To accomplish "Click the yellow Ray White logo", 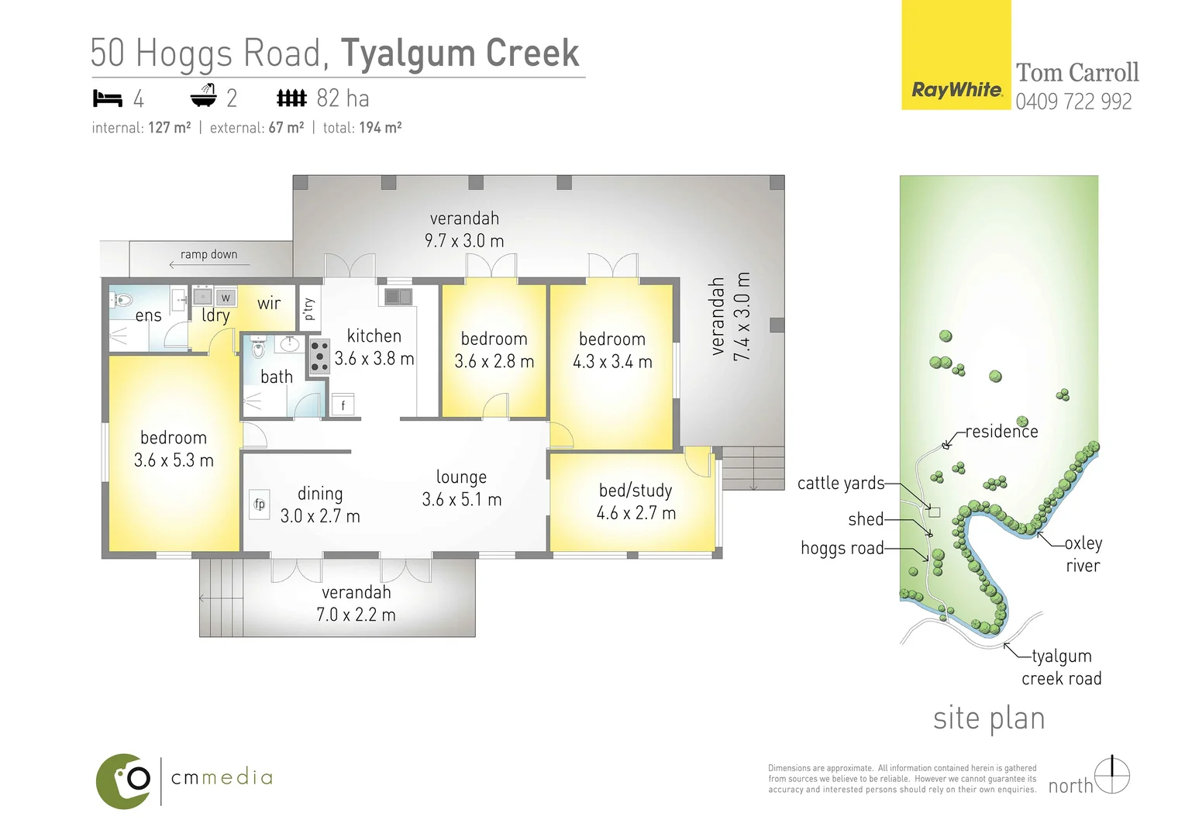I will click(956, 56).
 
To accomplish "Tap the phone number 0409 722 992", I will click(1073, 102).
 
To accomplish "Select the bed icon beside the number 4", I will click(108, 98).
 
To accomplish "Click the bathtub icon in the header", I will click(203, 96).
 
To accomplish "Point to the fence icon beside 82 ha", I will click(291, 98).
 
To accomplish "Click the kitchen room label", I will click(374, 336).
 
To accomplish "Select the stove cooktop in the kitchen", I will click(319, 356).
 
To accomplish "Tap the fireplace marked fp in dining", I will click(260, 504).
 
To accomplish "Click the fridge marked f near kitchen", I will click(343, 405).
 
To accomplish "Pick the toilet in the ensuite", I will click(122, 300).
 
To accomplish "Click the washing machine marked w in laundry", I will click(226, 298).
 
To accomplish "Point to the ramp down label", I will click(208, 254).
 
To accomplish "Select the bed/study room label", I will click(636, 491).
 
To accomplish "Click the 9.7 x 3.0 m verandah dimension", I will click(464, 241).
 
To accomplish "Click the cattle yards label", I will click(841, 484).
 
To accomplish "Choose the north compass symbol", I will click(1112, 775).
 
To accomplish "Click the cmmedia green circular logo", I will click(124, 780).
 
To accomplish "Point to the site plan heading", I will click(989, 718).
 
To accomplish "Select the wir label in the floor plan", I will click(269, 303).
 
